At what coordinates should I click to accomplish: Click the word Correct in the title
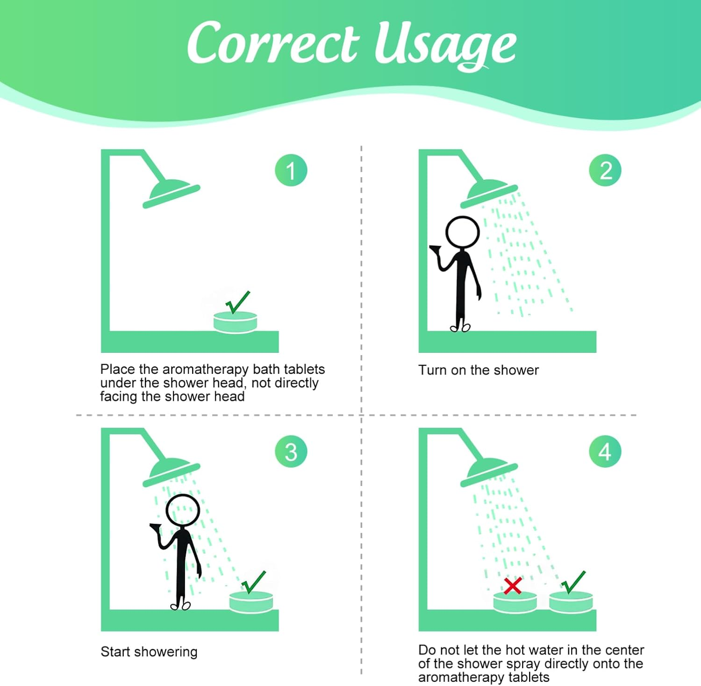click(273, 43)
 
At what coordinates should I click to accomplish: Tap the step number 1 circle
click(291, 171)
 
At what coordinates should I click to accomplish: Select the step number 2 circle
click(605, 171)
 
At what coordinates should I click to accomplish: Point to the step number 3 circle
click(291, 451)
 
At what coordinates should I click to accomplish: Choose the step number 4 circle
click(605, 451)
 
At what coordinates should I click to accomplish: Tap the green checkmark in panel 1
click(238, 302)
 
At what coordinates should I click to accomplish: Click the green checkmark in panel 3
click(254, 582)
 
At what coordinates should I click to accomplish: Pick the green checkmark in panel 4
click(573, 582)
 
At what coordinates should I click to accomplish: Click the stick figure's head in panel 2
click(463, 232)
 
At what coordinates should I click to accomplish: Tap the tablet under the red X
click(515, 602)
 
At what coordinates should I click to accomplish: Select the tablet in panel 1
click(235, 322)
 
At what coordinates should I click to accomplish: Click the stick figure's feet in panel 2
click(460, 328)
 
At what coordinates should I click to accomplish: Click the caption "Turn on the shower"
click(479, 370)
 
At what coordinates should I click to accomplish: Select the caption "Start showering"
click(149, 652)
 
